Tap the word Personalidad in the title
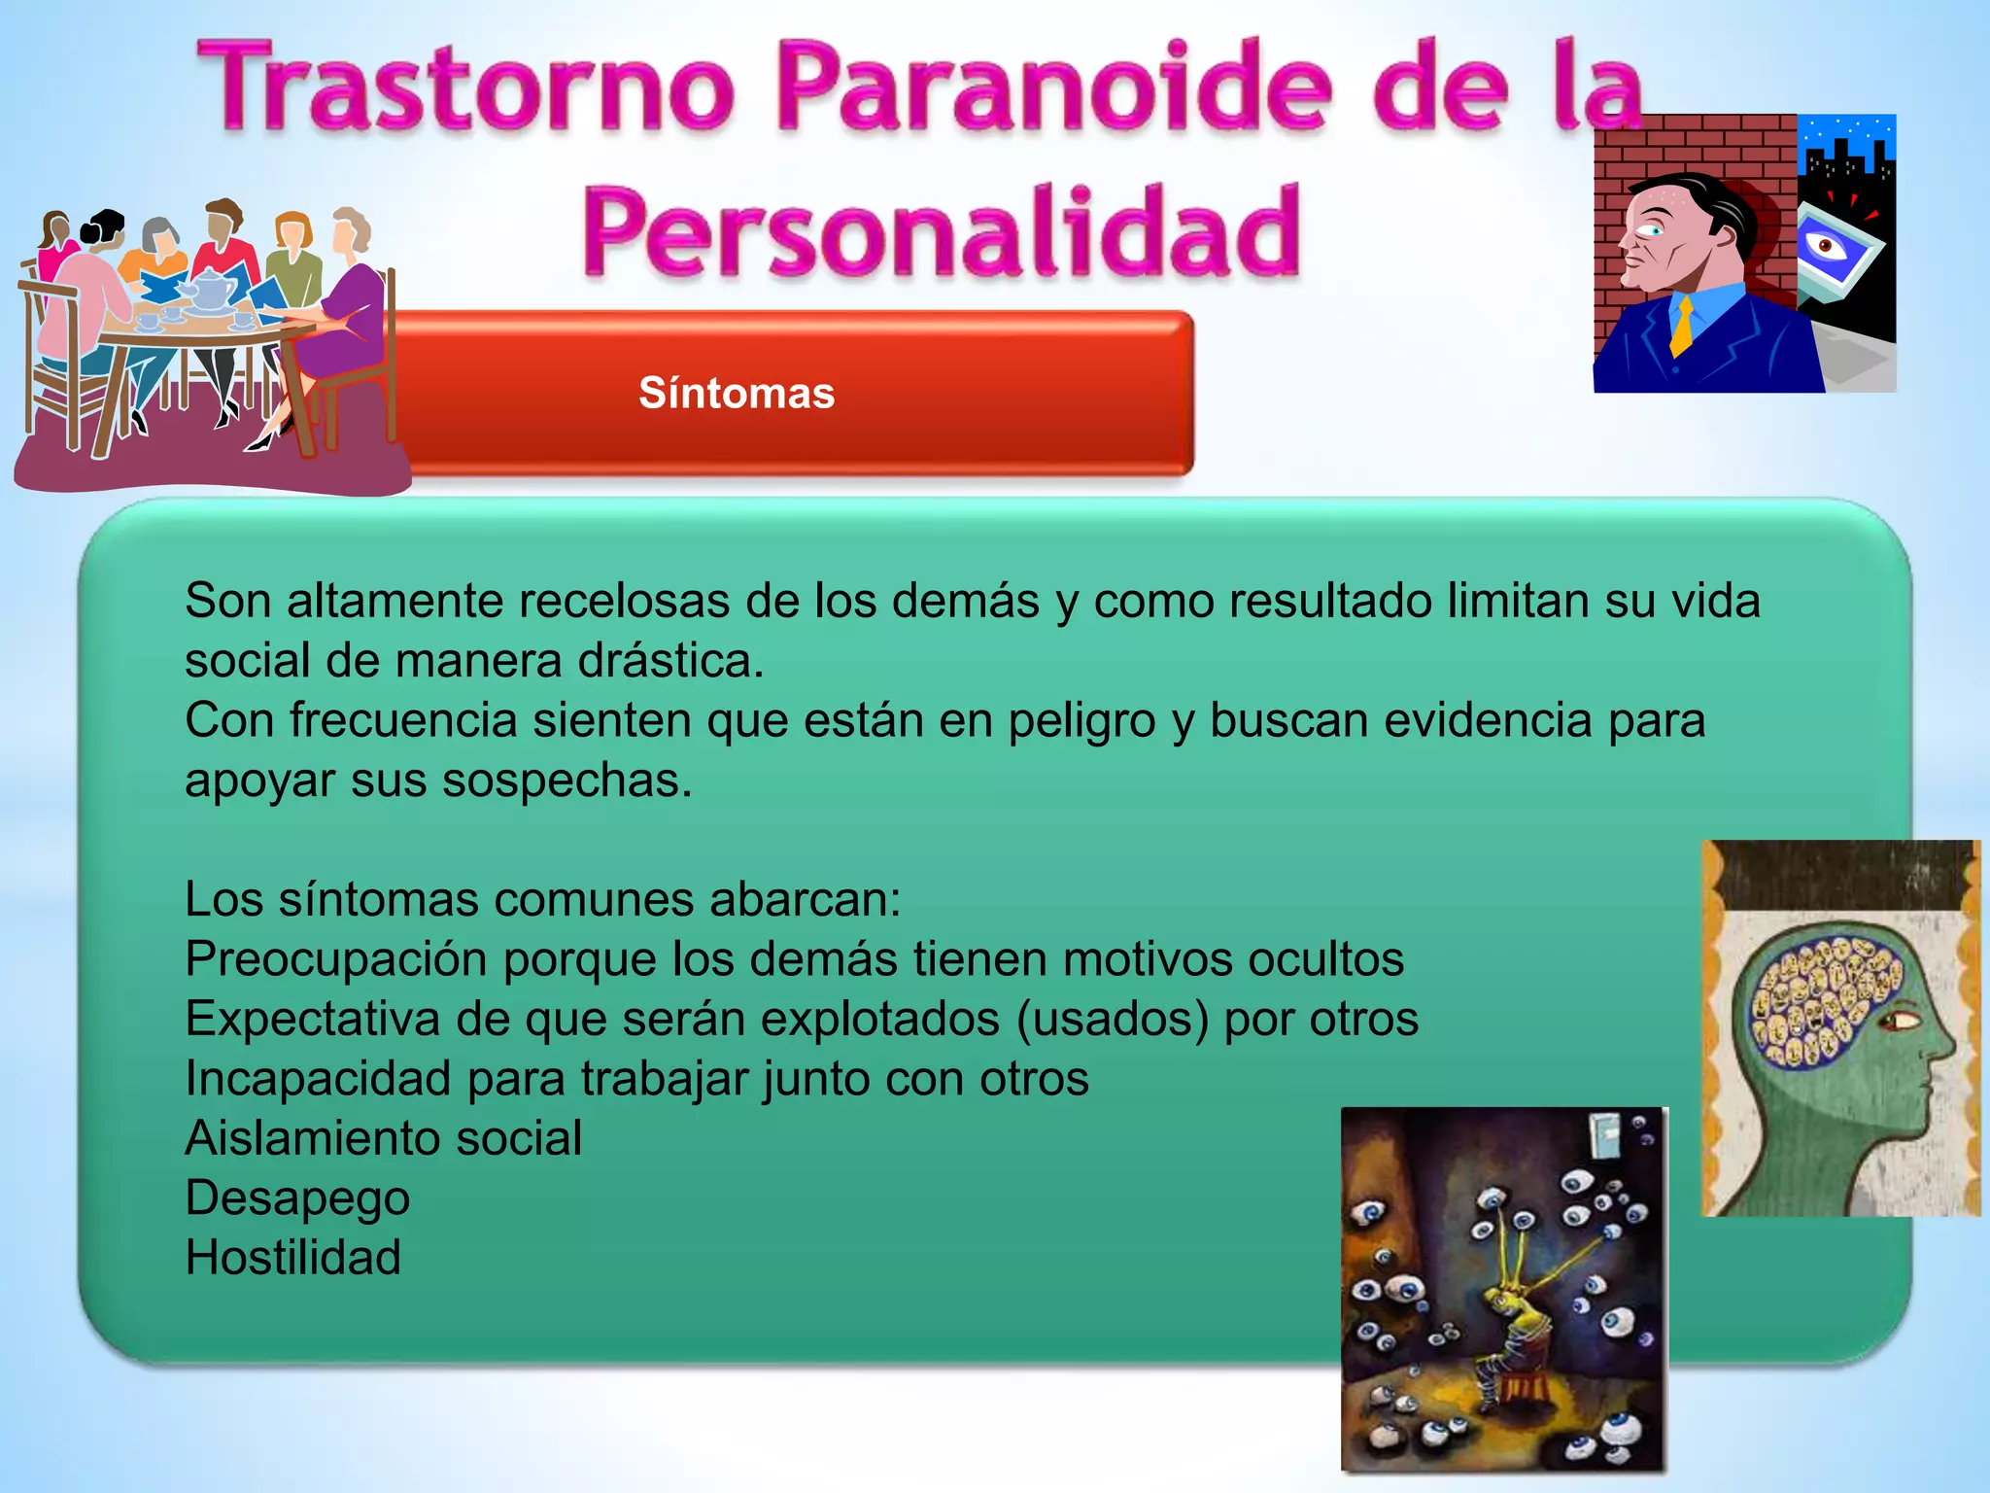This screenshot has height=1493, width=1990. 942,230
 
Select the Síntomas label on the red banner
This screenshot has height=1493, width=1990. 737,393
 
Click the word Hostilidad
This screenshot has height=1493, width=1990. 292,1257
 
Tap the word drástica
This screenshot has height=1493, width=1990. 671,661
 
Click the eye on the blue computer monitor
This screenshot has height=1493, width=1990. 1826,246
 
